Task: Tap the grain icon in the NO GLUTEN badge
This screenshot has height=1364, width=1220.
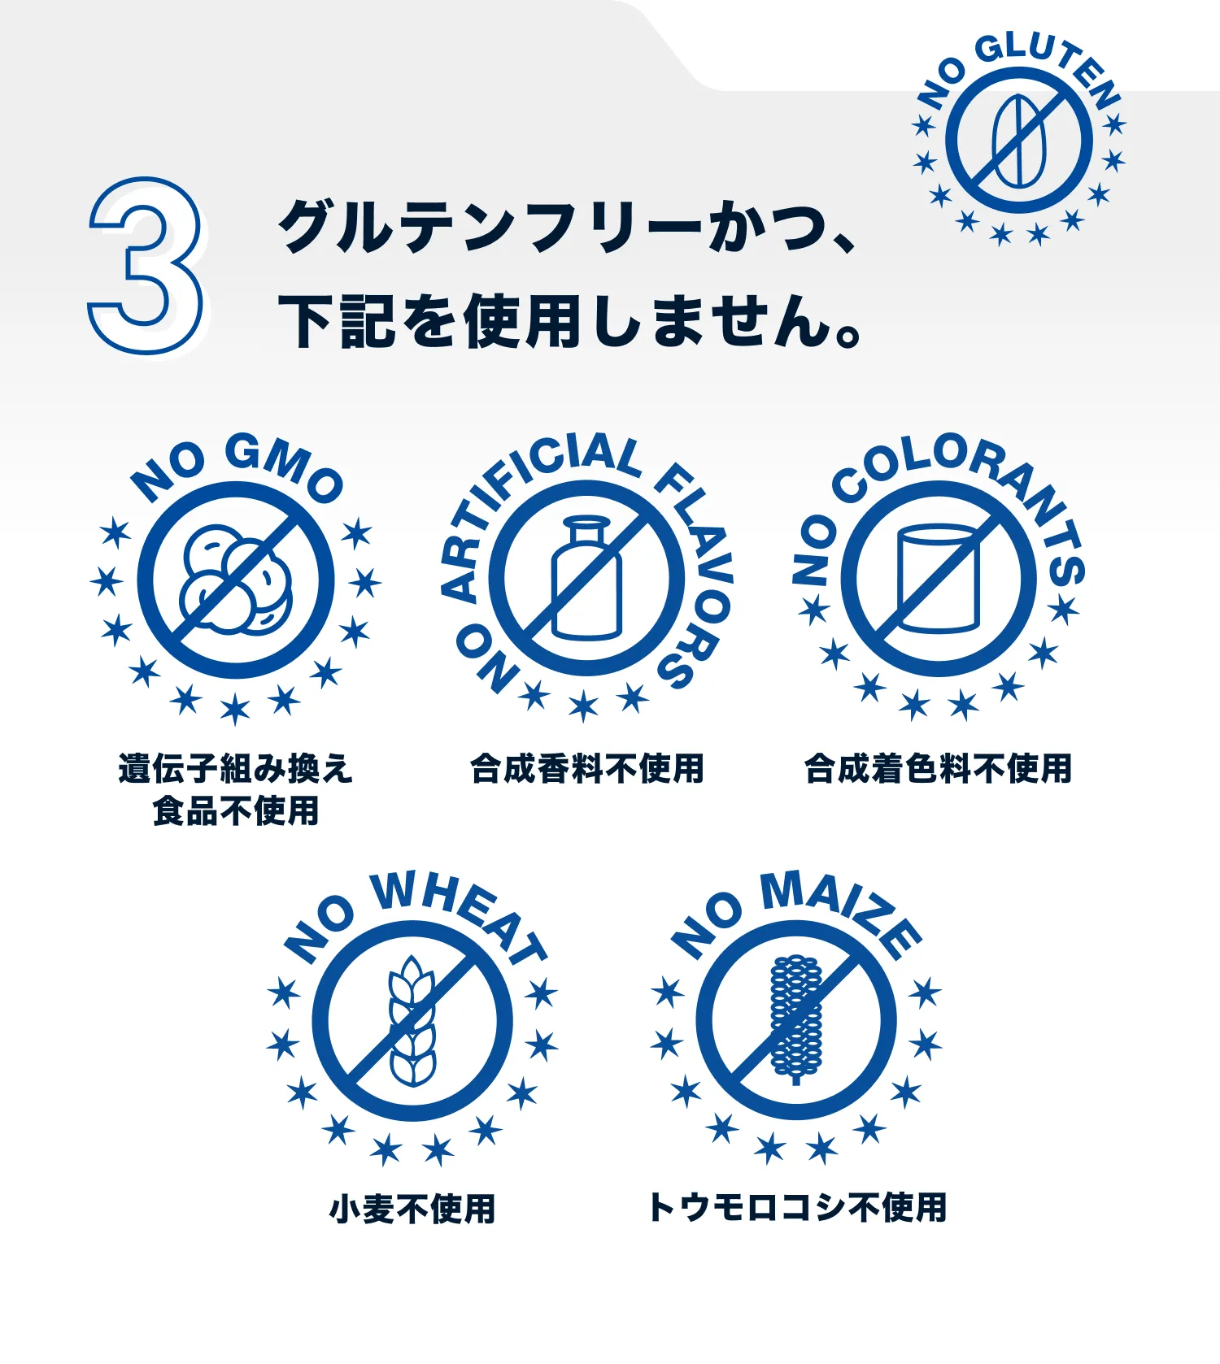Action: (x=1019, y=141)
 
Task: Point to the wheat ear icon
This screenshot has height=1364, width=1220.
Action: (x=412, y=1021)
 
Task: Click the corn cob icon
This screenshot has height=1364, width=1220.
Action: (x=795, y=1019)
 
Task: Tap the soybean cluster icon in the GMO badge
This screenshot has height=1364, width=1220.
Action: (x=237, y=579)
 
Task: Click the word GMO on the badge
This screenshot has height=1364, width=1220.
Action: (x=284, y=467)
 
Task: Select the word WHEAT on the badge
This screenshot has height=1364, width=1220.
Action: (x=460, y=915)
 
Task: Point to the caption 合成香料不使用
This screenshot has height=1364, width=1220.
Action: (x=587, y=769)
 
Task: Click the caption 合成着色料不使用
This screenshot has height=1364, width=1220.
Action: (x=939, y=769)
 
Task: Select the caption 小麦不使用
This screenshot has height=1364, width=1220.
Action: (x=412, y=1209)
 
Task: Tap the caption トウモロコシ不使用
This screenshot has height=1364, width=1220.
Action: (x=797, y=1208)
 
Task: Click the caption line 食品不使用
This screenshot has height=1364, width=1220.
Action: (x=236, y=811)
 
